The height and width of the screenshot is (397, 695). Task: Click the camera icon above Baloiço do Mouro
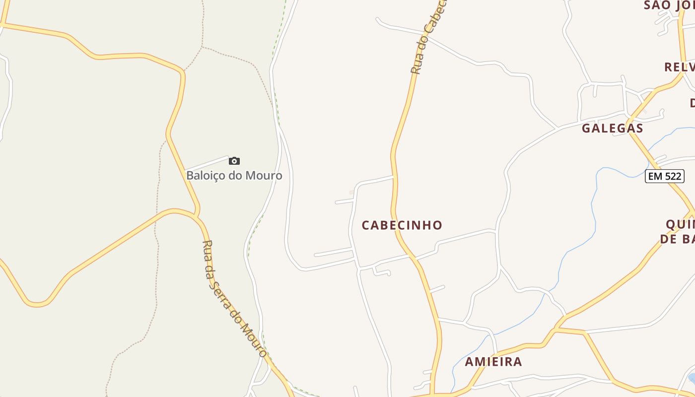(x=234, y=161)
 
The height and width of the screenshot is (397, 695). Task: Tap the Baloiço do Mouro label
(x=234, y=175)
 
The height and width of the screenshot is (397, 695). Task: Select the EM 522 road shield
(x=665, y=176)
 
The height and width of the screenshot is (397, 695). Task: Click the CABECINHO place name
(x=402, y=225)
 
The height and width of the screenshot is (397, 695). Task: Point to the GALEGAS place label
(x=613, y=128)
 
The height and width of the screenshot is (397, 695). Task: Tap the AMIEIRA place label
(x=493, y=362)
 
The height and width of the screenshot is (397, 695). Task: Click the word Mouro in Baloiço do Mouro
(x=266, y=175)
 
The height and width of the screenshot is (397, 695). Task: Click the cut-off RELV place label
(x=680, y=67)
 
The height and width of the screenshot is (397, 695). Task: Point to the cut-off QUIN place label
(x=680, y=224)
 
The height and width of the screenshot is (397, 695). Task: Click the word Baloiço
(x=205, y=175)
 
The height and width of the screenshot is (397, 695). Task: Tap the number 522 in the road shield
(x=672, y=176)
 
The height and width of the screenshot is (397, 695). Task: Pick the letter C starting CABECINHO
(x=366, y=225)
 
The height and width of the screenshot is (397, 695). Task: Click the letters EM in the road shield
(x=655, y=176)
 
